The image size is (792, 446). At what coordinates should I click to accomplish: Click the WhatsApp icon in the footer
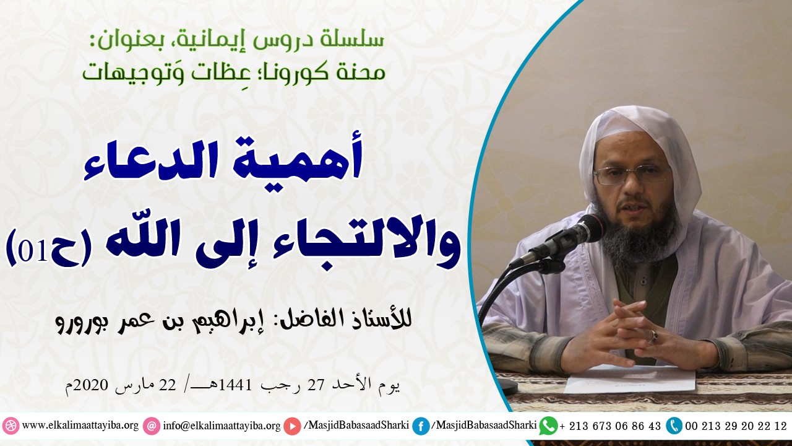click(x=548, y=426)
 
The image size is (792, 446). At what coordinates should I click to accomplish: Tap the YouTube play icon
click(x=293, y=426)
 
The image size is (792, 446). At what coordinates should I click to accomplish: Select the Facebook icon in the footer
click(x=421, y=426)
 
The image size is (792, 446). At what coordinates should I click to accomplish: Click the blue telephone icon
click(x=674, y=426)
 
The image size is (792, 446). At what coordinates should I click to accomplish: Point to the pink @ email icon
click(x=151, y=426)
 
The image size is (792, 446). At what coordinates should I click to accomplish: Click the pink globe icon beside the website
click(x=11, y=426)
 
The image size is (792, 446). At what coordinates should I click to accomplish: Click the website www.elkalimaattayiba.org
click(x=80, y=426)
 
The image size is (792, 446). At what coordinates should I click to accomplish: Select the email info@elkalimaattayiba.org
click(x=222, y=426)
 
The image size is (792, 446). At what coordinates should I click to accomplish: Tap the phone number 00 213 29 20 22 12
click(x=736, y=426)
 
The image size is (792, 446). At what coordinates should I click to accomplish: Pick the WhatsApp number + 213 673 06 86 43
click(x=610, y=426)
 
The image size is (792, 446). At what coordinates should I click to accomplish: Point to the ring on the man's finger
click(x=653, y=336)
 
